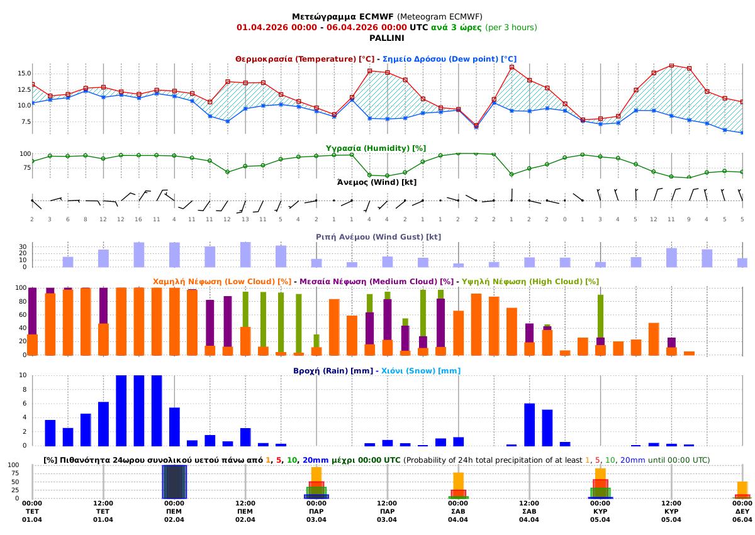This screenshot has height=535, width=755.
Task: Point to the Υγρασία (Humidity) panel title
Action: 376,148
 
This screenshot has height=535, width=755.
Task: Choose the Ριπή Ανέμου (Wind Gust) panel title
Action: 378,237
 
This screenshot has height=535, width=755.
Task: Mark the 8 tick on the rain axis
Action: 25,389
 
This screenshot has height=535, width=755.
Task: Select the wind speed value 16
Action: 138,219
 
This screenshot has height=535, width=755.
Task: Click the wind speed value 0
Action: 564,219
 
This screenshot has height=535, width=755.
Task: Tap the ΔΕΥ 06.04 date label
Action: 742,516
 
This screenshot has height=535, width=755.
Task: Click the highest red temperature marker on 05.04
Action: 671,65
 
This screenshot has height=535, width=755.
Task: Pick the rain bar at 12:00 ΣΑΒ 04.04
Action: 529,424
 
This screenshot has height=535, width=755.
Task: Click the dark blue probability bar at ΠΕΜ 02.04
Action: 174,482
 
